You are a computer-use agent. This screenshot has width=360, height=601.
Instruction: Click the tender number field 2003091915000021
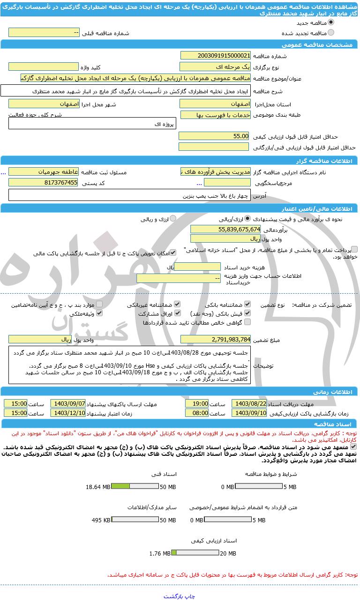pos(215,55)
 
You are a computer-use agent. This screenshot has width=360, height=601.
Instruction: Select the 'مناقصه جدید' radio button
pos(331,22)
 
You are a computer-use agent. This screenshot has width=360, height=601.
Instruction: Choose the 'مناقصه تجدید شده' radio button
pos(331,33)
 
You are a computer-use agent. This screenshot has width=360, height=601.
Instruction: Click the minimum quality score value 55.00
pos(215,136)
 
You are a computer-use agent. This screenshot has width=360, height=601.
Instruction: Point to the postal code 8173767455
pos(44,183)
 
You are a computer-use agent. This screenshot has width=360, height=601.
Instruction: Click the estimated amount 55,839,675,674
pos(225,229)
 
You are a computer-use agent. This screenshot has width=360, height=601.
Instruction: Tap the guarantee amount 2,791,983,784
pos(215,339)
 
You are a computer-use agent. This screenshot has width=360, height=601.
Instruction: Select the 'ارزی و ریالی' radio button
pos(173,218)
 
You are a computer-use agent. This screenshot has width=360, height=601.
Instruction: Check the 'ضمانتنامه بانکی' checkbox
pos(247,304)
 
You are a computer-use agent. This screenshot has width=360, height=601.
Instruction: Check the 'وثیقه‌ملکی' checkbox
pos(99,313)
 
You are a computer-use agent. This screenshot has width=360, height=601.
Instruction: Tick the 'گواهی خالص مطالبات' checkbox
pos(247,322)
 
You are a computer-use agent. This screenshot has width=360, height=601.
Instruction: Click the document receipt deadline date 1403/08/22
pos(250,403)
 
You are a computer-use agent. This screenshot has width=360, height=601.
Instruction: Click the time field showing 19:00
pos(197,403)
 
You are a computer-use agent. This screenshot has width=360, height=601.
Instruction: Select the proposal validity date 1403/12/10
pos(68,413)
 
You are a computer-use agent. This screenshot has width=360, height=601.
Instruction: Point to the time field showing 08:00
pos(197,413)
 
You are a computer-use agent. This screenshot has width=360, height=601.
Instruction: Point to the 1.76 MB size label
pos(159,553)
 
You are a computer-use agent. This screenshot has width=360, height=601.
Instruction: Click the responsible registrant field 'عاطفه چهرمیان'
pos(44,172)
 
